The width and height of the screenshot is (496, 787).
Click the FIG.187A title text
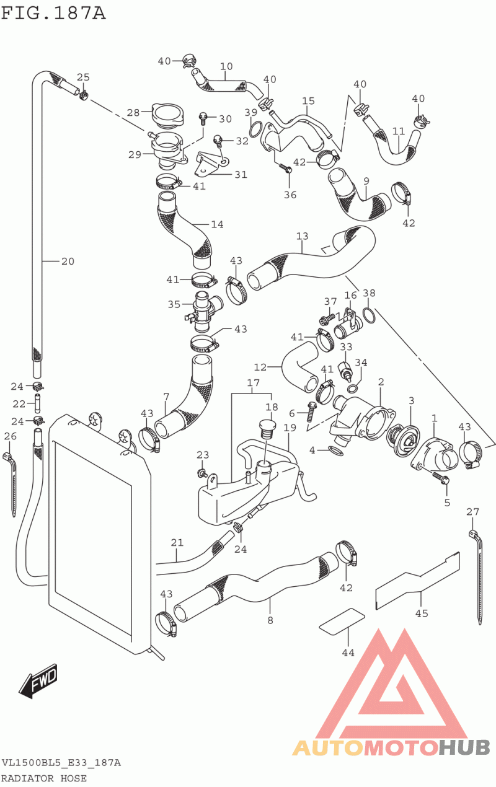pyautogui.click(x=53, y=12)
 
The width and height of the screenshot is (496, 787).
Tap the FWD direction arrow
pyautogui.click(x=38, y=681)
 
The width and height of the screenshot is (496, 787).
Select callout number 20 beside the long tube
pyautogui.click(x=68, y=261)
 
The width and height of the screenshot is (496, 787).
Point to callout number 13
pyautogui.click(x=302, y=236)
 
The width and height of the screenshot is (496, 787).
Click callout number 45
pyautogui.click(x=422, y=613)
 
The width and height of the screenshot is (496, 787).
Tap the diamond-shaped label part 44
pyautogui.click(x=341, y=621)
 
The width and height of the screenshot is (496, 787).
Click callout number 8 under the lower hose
pyautogui.click(x=270, y=620)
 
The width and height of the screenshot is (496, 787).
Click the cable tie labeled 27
pyautogui.click(x=479, y=576)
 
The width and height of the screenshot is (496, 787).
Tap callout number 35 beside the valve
pyautogui.click(x=174, y=304)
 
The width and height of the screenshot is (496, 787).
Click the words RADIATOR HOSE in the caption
pyautogui.click(x=44, y=778)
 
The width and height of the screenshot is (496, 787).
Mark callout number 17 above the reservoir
pyautogui.click(x=254, y=383)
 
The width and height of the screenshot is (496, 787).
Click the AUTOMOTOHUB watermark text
pyautogui.click(x=391, y=747)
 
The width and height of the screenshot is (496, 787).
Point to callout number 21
pyautogui.click(x=177, y=543)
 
